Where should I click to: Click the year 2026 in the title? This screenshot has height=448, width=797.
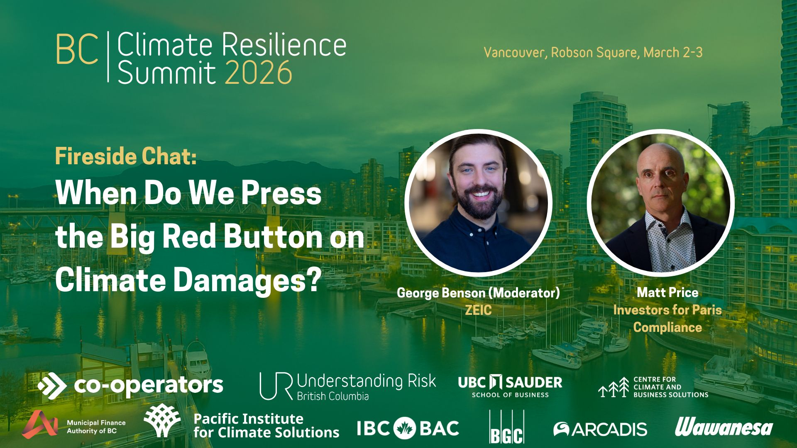259,73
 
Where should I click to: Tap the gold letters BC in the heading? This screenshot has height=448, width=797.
77,49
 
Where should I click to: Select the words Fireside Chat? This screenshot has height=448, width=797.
126,156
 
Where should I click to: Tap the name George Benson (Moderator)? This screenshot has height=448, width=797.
478,293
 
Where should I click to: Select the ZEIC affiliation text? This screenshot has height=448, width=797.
478,310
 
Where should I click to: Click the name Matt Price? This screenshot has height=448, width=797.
667,292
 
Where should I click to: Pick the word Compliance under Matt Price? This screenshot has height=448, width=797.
667,327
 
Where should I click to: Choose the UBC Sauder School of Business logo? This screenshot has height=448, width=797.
510,386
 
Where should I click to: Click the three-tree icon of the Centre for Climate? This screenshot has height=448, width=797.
614,387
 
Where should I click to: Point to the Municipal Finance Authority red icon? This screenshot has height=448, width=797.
40,424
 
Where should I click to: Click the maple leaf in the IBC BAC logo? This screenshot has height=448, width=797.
405,429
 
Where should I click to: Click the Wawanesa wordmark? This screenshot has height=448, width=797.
724,427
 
